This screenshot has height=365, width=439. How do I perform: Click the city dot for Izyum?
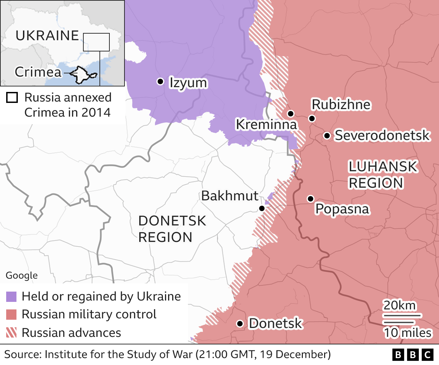(160, 81)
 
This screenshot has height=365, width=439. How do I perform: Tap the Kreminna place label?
(266, 124)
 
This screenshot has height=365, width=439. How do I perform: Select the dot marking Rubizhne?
(312, 118)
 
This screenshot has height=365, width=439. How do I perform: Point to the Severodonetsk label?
(382, 136)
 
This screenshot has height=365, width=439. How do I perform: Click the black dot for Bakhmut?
(262, 208)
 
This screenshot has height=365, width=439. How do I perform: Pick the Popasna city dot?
(310, 199)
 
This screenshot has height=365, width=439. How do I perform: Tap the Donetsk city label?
(275, 323)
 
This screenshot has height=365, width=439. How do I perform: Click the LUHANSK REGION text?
(382, 175)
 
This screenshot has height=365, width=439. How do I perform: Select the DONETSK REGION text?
(172, 229)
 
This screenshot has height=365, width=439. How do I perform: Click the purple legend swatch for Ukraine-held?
(11, 297)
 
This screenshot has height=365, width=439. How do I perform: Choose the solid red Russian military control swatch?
(11, 315)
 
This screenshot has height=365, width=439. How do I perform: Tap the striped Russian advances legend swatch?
(11, 333)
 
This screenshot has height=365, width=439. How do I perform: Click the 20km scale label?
(399, 305)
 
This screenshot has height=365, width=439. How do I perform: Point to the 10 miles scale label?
(407, 333)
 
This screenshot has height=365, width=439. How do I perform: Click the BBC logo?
(413, 354)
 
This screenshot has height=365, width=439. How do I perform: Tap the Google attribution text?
(22, 275)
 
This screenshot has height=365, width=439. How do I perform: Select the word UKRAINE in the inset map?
(47, 36)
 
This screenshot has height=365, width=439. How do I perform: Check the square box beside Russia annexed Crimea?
(12, 97)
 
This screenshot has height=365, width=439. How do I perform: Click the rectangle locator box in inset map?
(96, 42)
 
